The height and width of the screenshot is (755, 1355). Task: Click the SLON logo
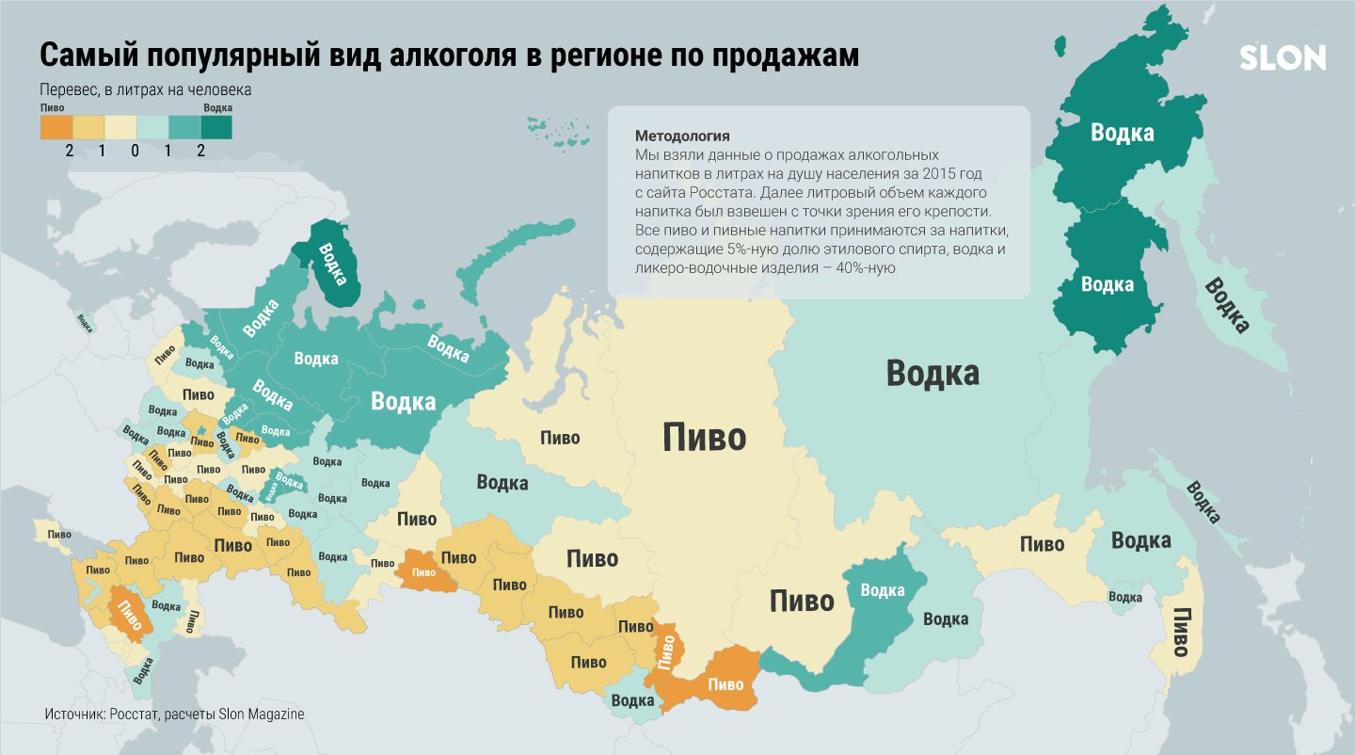point(1282,58)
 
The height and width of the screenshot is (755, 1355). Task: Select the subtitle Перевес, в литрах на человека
point(145,91)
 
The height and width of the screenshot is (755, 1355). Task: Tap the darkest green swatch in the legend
point(215,127)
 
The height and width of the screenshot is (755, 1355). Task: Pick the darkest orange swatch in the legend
point(56,127)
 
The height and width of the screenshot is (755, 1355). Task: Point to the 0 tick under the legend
point(135,151)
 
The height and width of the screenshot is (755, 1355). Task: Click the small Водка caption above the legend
point(217,108)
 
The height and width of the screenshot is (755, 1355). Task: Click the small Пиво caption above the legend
point(53,108)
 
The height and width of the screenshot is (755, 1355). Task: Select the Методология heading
point(682,135)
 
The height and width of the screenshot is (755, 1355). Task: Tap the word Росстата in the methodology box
point(706,192)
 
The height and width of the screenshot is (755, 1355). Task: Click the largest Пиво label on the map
point(704,438)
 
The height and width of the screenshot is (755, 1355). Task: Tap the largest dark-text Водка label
point(933,374)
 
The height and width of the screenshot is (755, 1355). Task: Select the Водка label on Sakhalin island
point(1203,503)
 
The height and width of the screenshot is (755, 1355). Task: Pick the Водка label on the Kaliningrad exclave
point(85,322)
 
